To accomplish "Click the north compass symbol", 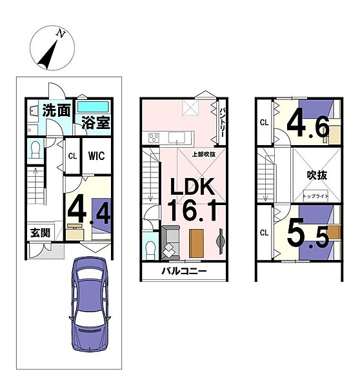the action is (x=52, y=48).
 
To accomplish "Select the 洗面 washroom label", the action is (x=57, y=110).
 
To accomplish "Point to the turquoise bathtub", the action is (x=93, y=107).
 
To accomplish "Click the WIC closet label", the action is (x=97, y=155).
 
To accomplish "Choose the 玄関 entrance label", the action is (x=40, y=233).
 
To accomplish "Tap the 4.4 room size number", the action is (x=89, y=210).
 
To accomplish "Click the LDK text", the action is (x=192, y=187).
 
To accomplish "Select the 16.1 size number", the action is (x=193, y=210).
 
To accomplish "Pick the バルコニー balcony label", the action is (x=184, y=272).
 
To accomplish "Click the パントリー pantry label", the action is (x=221, y=122).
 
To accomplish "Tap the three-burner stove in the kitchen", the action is (x=154, y=138).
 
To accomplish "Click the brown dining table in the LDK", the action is (x=197, y=243).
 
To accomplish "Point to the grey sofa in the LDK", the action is (x=170, y=243).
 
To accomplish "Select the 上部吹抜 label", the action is (x=204, y=154).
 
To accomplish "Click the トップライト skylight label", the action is (x=315, y=196).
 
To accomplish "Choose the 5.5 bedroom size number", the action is (x=308, y=235).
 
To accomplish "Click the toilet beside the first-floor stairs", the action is (x=35, y=149).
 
